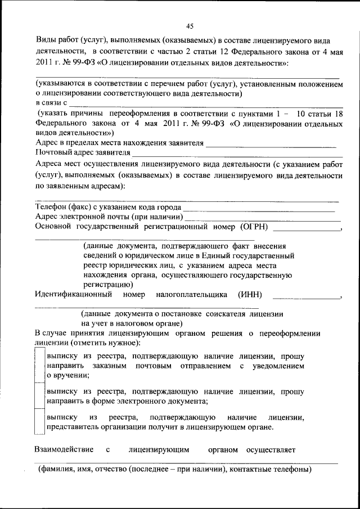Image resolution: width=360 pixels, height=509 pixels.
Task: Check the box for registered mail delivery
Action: point(39,366)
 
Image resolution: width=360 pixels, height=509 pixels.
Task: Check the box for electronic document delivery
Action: point(39,396)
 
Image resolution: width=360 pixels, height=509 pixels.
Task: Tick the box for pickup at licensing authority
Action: point(39,422)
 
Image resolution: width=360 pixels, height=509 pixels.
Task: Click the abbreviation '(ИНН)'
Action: point(250,294)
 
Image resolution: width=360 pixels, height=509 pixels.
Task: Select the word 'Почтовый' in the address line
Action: point(51,152)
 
